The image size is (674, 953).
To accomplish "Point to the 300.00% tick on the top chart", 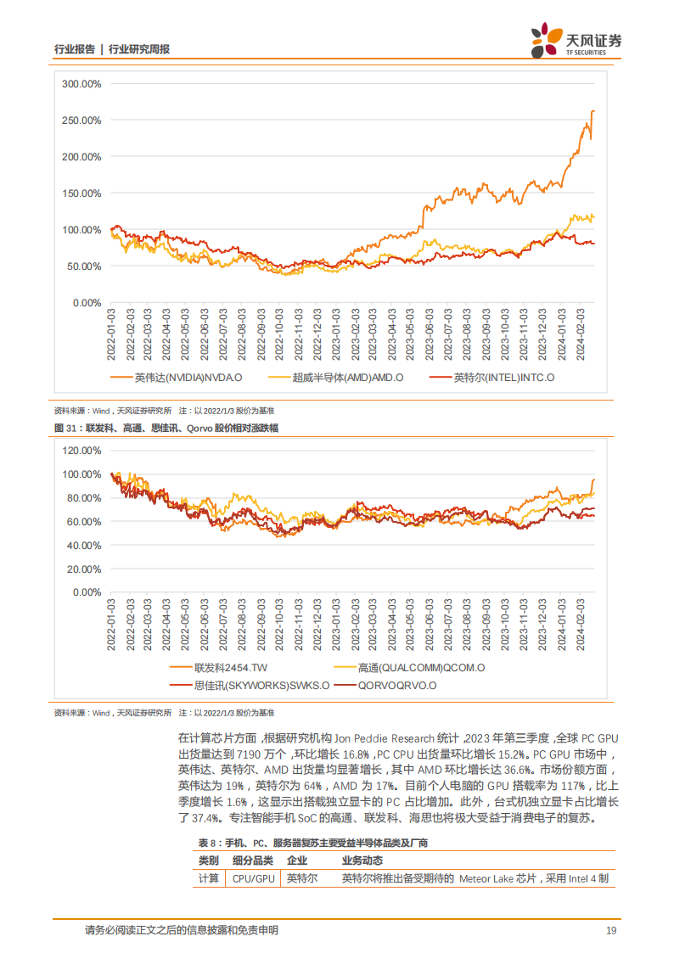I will pyautogui.click(x=81, y=84).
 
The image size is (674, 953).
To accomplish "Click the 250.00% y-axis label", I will pyautogui.click(x=81, y=121).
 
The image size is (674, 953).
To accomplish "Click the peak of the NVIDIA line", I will pyautogui.click(x=593, y=111).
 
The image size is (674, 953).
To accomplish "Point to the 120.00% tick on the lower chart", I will pyautogui.click(x=81, y=450).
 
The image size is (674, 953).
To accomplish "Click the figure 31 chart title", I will pyautogui.click(x=166, y=429).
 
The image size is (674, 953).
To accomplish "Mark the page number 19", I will pyautogui.click(x=610, y=931).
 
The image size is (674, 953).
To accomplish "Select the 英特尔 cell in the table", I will pyautogui.click(x=302, y=879).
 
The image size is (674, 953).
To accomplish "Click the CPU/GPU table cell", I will pyautogui.click(x=253, y=879).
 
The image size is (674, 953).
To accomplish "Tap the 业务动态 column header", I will pyautogui.click(x=363, y=860).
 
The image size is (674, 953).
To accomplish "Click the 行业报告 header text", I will pyautogui.click(x=73, y=49).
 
